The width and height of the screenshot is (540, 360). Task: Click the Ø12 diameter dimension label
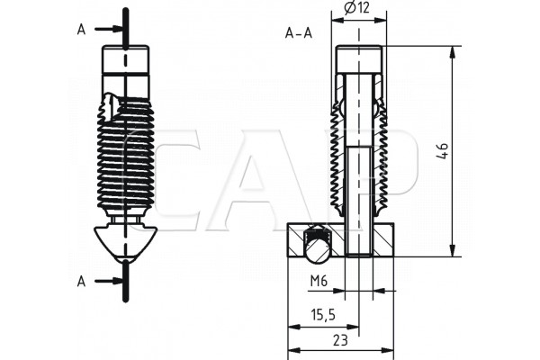click(x=356, y=7)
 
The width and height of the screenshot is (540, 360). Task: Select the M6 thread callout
click(x=319, y=282)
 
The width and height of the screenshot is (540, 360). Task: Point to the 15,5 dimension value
click(x=323, y=314)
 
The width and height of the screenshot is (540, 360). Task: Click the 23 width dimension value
click(x=340, y=340)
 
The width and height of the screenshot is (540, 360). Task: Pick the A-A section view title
click(x=299, y=33)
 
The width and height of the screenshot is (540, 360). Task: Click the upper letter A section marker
click(x=81, y=30)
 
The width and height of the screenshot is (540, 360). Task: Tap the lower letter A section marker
click(x=81, y=282)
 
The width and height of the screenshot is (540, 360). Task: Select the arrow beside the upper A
click(x=109, y=29)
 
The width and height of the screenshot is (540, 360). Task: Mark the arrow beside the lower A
click(x=109, y=282)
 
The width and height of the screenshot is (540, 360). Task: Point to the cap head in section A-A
click(x=359, y=59)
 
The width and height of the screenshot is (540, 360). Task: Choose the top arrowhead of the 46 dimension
click(x=453, y=52)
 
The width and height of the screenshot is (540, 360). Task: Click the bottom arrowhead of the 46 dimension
click(x=453, y=250)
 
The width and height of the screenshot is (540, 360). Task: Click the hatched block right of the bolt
click(x=383, y=239)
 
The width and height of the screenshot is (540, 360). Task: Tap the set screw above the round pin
click(x=318, y=234)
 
